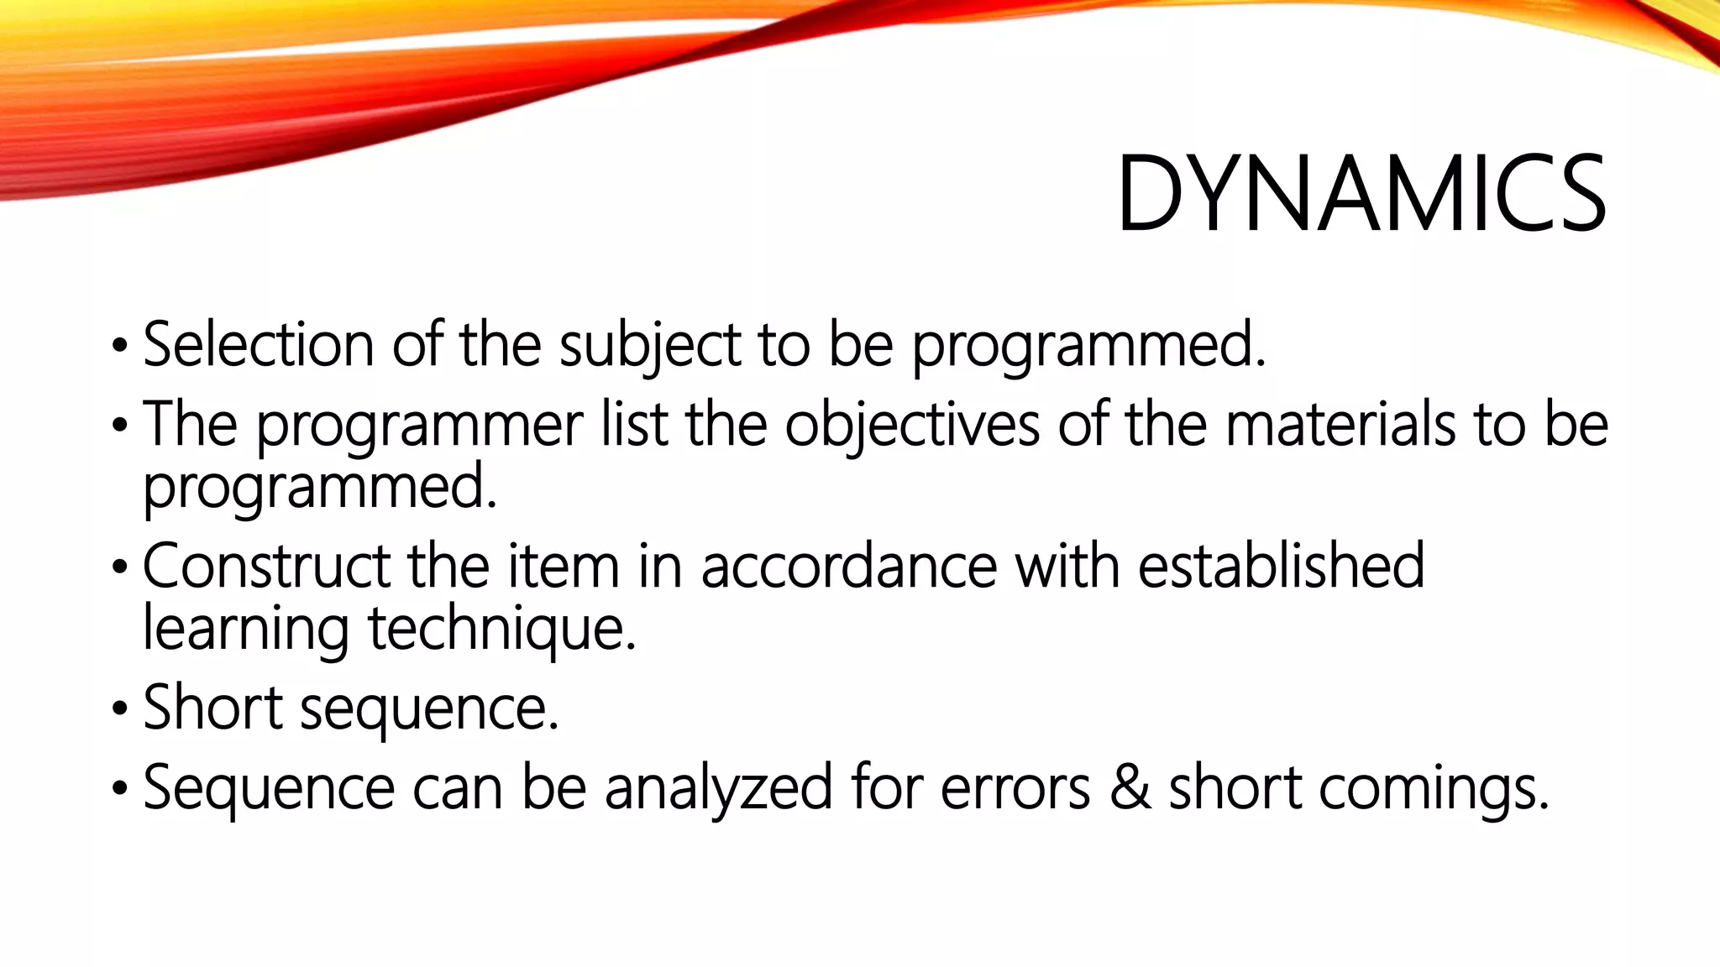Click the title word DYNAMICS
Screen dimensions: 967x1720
pos(1361,195)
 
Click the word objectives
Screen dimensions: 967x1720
pos(912,425)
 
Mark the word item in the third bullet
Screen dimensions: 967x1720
pos(564,566)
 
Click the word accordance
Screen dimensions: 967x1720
pos(848,566)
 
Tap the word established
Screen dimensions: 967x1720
pos(1281,566)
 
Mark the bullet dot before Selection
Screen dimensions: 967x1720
pos(119,346)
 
